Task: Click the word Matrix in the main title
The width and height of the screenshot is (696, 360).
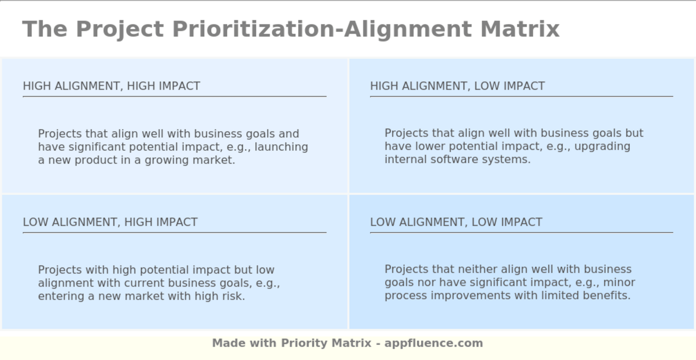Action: point(520,29)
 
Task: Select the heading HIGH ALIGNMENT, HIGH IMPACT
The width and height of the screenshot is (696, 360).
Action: point(111,86)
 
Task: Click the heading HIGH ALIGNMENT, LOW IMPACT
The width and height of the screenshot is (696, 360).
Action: point(457,86)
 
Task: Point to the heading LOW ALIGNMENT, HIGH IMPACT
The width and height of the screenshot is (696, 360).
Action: point(110,222)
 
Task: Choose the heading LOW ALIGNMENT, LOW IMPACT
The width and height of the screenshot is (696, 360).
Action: point(456,222)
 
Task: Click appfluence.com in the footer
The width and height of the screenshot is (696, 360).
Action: point(434,343)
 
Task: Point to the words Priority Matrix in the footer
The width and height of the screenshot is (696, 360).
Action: point(326,343)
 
